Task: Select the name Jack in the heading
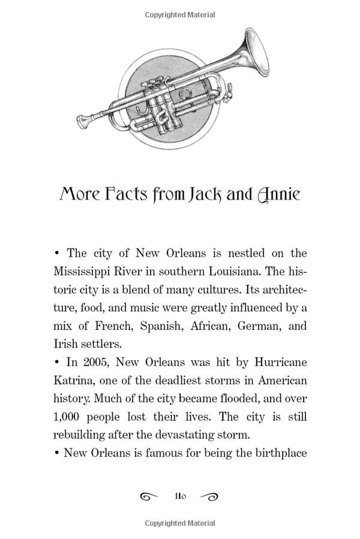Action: [197, 195]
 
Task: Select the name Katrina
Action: [73, 381]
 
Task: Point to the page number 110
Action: [180, 496]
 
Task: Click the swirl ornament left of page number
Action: [149, 496]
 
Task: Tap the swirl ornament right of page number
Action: [209, 496]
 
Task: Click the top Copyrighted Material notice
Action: [180, 14]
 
